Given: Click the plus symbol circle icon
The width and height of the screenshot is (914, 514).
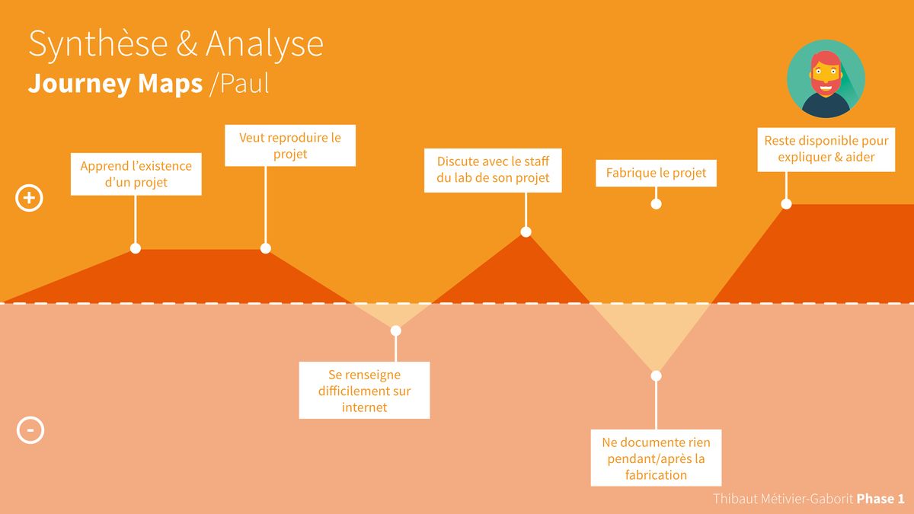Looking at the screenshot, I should tap(30, 199).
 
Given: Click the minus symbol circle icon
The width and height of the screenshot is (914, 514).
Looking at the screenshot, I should tap(30, 430).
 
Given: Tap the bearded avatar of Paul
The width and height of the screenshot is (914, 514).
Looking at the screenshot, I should tap(826, 78).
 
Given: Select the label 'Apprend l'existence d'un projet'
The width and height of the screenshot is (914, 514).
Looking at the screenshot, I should tap(136, 174).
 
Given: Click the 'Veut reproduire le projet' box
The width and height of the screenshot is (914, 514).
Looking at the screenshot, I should tap(290, 145).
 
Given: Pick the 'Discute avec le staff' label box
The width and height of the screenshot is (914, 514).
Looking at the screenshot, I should tap(493, 170).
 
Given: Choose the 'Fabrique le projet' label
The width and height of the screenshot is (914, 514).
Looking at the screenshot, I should tap(656, 173).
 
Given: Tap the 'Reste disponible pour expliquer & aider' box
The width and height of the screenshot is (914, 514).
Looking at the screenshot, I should tap(826, 149).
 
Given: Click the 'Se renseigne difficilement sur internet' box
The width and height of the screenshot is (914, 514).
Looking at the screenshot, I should tap(364, 391).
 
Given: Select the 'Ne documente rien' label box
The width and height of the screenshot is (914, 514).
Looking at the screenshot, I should tap(656, 458).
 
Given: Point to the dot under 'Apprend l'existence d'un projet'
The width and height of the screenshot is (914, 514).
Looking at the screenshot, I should tap(136, 248).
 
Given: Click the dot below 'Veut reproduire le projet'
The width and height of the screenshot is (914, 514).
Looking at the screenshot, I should tap(266, 248).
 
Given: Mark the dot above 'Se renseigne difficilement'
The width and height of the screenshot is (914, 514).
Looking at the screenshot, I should tap(395, 330).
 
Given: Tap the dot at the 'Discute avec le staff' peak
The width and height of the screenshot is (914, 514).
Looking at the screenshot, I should tap(526, 231).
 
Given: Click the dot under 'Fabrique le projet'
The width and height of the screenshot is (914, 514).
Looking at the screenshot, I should tap(656, 204).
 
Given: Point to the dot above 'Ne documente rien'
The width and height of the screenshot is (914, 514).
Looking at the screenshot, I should tap(656, 375).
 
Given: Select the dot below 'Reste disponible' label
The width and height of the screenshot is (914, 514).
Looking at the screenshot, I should tap(786, 204).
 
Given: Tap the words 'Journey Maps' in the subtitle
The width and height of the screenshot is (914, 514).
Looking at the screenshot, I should tap(115, 84).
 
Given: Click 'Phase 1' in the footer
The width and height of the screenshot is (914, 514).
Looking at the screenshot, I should tap(880, 499).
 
